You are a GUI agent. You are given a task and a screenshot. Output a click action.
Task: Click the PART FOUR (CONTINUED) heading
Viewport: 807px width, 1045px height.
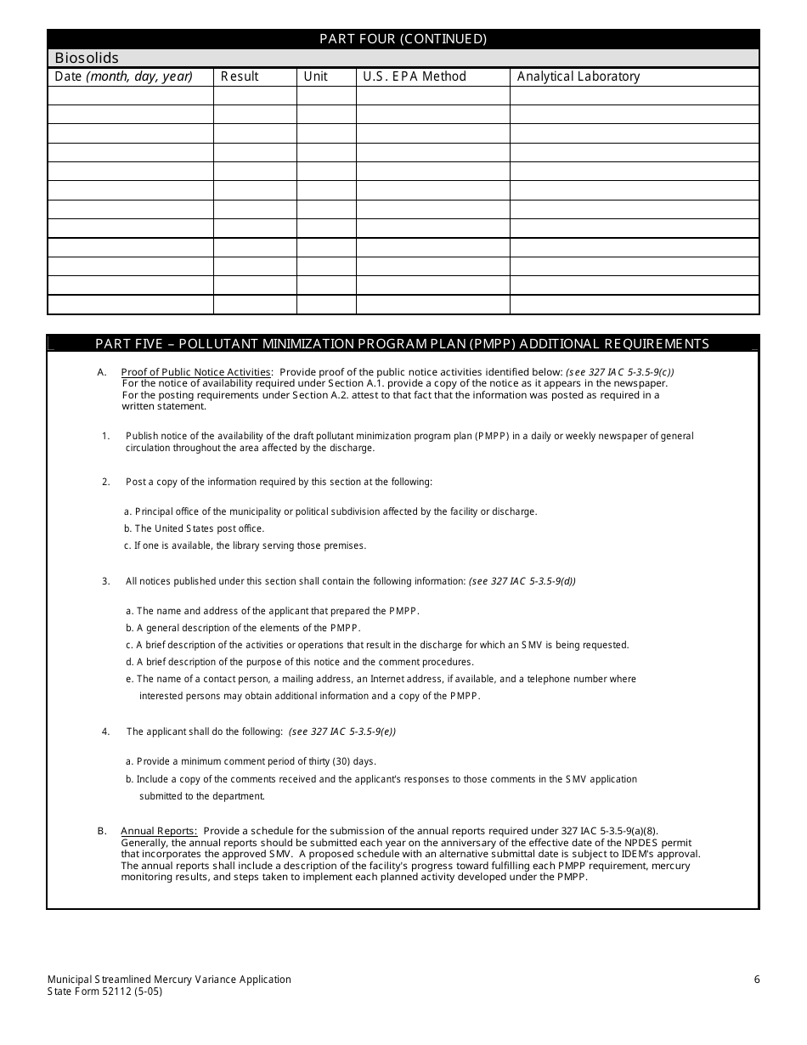[x=403, y=39]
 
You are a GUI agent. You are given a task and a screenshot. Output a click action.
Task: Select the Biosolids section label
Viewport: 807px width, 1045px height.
[x=87, y=59]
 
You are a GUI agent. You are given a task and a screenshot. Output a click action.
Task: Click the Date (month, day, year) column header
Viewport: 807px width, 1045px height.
[x=123, y=76]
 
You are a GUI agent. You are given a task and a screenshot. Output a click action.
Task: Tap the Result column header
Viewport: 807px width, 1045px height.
[x=240, y=76]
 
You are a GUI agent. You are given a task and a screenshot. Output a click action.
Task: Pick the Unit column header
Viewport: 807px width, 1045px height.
[x=315, y=76]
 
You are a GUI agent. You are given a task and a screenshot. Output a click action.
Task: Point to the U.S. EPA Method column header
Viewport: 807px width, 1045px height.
[x=415, y=76]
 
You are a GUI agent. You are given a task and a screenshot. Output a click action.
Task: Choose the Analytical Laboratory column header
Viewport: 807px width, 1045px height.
[x=578, y=76]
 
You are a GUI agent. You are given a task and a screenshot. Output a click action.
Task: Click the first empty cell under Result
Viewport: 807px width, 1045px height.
[x=254, y=95]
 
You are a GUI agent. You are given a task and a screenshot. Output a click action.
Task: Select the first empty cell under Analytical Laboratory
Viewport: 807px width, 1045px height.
[x=634, y=95]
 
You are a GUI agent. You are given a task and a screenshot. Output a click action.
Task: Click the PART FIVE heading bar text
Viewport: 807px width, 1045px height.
[x=403, y=344]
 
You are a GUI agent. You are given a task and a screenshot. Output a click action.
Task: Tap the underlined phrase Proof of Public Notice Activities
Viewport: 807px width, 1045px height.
[x=196, y=372]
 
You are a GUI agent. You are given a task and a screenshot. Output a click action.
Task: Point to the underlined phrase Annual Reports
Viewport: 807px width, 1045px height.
[x=159, y=831]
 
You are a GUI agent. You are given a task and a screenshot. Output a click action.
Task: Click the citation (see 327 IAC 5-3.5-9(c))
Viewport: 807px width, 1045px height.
[x=620, y=372]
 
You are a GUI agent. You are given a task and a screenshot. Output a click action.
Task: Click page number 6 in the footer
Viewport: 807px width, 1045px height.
[x=757, y=980]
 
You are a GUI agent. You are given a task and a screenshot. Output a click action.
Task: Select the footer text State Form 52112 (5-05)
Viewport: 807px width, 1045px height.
[x=105, y=991]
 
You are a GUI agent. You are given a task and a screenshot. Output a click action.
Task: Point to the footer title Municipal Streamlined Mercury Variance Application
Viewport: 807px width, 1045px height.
[x=170, y=980]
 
